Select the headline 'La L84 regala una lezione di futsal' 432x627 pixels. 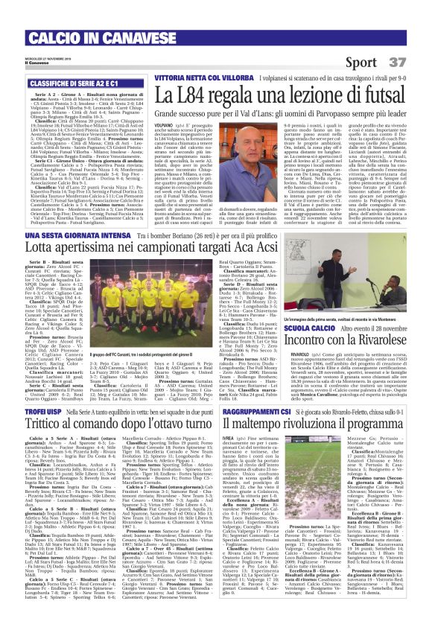pos(276,94)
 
